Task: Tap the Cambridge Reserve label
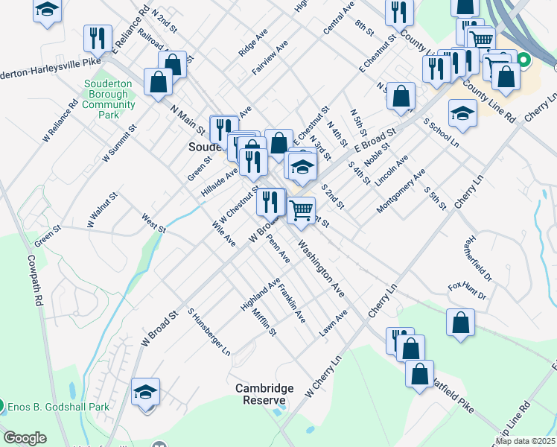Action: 264,394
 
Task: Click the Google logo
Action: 25,438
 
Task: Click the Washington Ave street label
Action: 322,268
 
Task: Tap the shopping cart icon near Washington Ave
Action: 301,210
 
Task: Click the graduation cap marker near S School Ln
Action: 462,113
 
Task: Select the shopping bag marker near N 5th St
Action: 401,96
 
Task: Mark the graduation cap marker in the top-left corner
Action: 48,10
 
